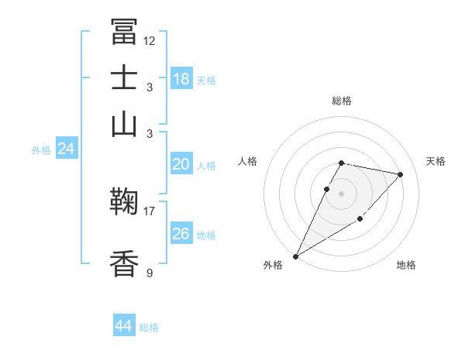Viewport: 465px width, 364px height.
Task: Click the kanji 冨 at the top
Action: pos(124,32)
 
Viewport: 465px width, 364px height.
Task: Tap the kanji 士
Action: pos(124,78)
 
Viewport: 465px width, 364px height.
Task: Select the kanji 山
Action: pos(124,124)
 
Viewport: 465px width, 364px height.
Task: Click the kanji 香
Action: pos(124,264)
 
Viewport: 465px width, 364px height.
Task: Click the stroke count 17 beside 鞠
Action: pos(150,210)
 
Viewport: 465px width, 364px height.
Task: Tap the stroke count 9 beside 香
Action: pos(150,272)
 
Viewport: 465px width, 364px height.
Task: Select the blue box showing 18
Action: pos(181,78)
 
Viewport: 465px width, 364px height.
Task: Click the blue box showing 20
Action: pos(181,164)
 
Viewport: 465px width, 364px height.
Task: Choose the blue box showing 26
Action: pos(181,234)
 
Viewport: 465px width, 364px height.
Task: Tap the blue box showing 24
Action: pos(67,149)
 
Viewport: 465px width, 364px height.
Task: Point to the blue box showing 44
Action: pos(124,326)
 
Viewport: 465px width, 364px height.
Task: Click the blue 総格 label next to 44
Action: pos(150,328)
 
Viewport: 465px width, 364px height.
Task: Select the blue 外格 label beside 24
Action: pos(41,150)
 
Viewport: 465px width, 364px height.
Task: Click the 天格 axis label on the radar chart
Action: pos(436,161)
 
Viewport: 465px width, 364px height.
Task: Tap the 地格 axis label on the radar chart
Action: pos(406,265)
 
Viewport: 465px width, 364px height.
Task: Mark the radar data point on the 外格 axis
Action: pos(296,256)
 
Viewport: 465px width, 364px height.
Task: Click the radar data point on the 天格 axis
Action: pos(400,175)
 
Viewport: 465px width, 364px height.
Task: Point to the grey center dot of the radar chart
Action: pos(342,193)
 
